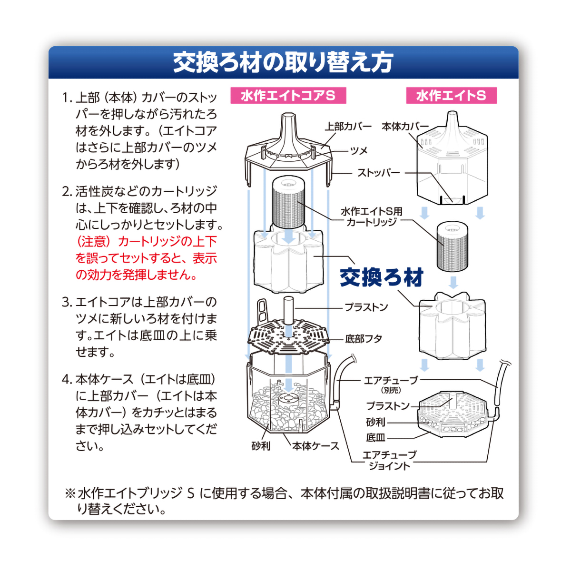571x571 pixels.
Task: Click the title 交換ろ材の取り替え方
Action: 283,63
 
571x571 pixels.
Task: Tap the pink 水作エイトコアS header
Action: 288,96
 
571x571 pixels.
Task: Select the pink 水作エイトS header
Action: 451,96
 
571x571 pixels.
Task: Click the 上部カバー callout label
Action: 348,127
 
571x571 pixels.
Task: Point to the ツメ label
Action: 359,151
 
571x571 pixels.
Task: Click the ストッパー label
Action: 379,173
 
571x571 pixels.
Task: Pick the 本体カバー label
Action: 405,127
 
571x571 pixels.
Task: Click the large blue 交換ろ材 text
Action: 381,277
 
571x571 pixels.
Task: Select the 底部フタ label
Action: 364,339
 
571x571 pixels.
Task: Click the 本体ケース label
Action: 315,446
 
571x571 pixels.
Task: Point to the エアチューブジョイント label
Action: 389,460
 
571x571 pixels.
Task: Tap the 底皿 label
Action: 375,438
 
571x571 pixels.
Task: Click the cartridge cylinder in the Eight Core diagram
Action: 288,201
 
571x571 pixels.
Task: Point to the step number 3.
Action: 66,302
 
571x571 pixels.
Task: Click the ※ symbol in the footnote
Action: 70,493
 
